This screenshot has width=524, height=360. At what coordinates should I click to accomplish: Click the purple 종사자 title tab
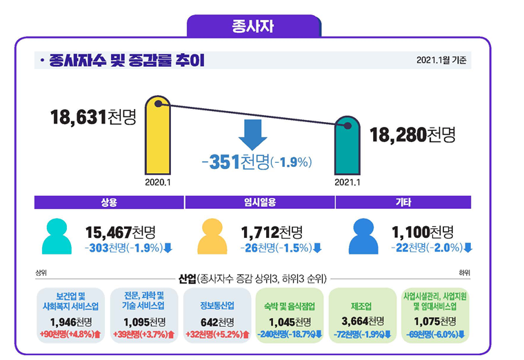pyautogui.click(x=254, y=27)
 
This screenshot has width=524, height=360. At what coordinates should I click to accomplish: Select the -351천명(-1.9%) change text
pyautogui.click(x=257, y=162)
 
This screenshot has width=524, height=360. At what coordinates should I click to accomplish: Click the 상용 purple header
pyautogui.click(x=109, y=202)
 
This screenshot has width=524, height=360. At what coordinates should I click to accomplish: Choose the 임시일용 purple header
pyautogui.click(x=259, y=202)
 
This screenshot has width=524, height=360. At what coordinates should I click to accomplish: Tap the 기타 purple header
pyautogui.click(x=403, y=202)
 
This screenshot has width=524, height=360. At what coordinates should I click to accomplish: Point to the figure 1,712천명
pyautogui.click(x=272, y=232)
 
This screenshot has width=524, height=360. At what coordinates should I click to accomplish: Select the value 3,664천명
pyautogui.click(x=363, y=321)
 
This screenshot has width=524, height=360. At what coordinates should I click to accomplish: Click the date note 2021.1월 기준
pyautogui.click(x=441, y=61)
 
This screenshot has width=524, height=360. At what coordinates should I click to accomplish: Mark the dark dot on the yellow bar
pyautogui.click(x=159, y=104)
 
